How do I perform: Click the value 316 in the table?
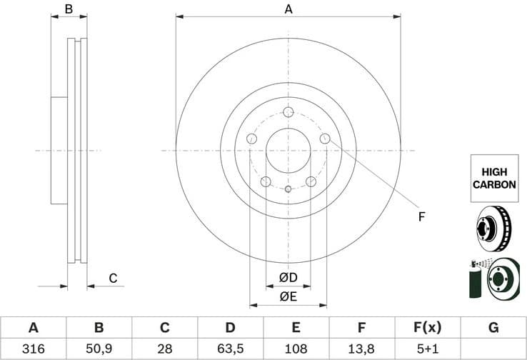point(33,349)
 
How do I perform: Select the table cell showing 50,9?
point(99,349)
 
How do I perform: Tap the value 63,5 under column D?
point(230,349)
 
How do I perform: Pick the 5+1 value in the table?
point(427,349)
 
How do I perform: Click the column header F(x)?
point(427,328)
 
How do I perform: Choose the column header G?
point(493,328)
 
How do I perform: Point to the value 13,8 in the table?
point(361,349)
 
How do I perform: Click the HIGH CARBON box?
point(493,178)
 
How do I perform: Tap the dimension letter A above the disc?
point(288,9)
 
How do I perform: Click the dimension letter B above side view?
point(69,9)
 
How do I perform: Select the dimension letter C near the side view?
point(113,278)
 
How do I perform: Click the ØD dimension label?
point(288,277)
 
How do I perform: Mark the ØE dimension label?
point(288,296)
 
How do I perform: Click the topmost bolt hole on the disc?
point(288,113)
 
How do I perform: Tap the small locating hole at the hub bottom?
point(288,189)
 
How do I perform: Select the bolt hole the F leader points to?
point(325,139)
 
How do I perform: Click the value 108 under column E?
point(296,349)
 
